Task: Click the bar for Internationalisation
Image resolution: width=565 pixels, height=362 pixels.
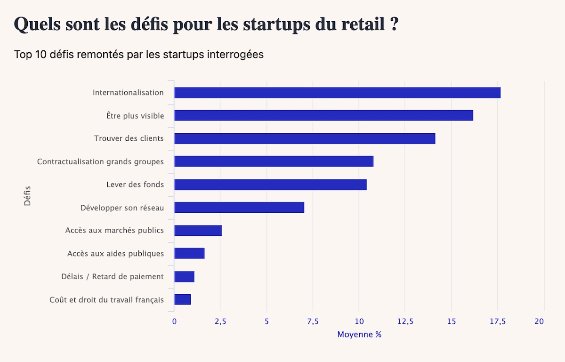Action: (337, 93)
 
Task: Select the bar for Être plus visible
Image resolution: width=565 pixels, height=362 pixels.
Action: (323, 115)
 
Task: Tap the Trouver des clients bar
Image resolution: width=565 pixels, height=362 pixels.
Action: (305, 138)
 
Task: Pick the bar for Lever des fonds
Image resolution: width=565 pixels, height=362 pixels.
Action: (270, 185)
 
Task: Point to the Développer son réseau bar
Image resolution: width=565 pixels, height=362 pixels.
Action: (239, 207)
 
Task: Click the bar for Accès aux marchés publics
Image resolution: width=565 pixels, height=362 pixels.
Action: (198, 231)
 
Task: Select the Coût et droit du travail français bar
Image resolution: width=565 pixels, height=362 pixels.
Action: (182, 299)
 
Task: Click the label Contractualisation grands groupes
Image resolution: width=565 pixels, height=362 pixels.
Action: (100, 161)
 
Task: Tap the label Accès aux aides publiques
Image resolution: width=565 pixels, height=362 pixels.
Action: (115, 254)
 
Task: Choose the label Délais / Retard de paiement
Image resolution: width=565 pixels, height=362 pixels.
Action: (113, 276)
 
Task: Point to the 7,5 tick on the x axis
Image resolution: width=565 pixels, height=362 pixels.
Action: (313, 322)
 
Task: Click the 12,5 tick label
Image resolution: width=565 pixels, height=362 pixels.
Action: (405, 322)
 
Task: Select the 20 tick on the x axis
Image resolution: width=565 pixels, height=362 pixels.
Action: (539, 322)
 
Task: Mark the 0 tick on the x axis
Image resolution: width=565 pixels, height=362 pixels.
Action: (174, 322)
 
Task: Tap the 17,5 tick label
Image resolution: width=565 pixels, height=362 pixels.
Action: (497, 322)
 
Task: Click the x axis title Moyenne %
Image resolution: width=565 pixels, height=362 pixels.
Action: (359, 335)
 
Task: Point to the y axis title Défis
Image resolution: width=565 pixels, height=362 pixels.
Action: (27, 196)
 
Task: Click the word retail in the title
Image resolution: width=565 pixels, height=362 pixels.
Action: (360, 25)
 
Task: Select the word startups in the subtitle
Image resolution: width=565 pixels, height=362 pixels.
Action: (181, 55)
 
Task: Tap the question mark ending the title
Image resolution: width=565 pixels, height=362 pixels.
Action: (395, 25)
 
